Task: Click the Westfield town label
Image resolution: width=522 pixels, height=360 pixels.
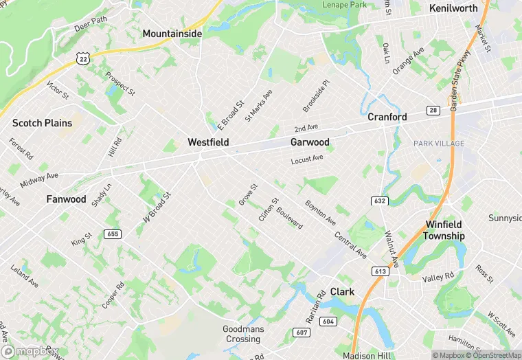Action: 207,143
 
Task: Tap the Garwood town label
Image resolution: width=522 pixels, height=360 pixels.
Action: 309,143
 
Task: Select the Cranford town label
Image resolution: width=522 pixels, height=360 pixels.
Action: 387,117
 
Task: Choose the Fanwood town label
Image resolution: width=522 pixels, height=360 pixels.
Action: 67,199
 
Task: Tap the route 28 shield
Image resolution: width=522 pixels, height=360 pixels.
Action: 433,111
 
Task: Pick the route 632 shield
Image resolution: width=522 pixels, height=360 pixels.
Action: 380,201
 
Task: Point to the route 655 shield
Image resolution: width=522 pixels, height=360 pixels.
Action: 113,234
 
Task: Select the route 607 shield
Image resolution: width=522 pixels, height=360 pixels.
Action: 302,333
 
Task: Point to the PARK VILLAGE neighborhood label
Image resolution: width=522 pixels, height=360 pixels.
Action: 439,144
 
